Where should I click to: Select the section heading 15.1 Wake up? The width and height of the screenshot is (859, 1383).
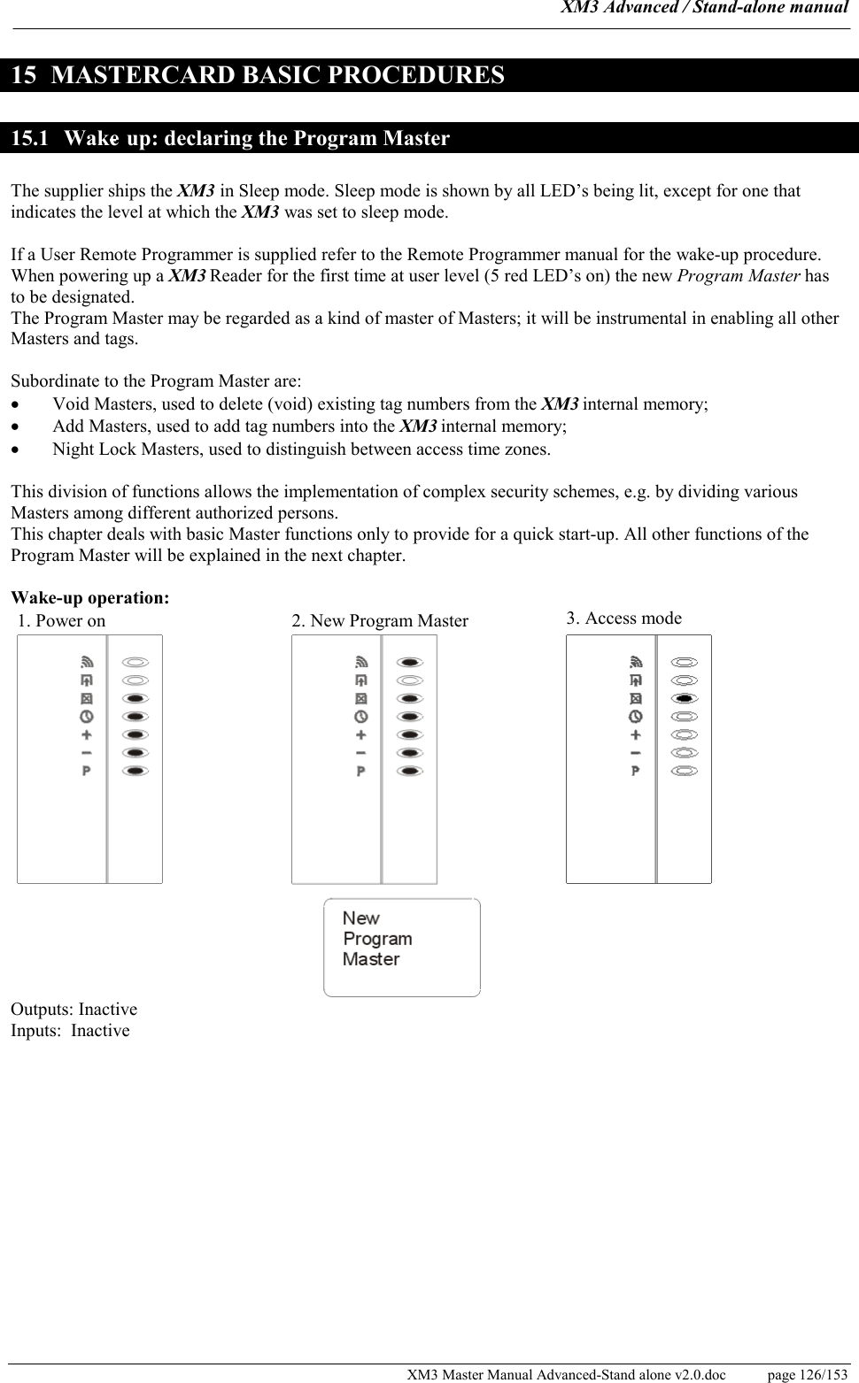230,138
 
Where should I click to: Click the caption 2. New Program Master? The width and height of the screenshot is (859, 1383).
380,621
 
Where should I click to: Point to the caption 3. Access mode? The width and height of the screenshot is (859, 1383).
624,619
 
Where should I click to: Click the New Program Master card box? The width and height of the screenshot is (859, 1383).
401,947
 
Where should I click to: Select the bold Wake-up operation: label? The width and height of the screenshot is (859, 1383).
90,597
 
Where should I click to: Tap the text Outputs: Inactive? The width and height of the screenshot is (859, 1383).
74,1010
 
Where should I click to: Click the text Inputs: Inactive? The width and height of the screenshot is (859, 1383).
71,1031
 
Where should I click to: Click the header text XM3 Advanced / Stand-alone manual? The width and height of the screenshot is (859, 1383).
705,9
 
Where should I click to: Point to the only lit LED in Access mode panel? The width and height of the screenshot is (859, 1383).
685,698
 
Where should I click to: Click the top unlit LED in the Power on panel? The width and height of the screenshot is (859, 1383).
135,661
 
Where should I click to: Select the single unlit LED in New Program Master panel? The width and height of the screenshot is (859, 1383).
410,680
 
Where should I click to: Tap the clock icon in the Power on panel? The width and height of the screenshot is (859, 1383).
87,717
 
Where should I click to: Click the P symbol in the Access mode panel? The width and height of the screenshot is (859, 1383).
636,771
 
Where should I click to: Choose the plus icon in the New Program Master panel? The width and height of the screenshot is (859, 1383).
361,734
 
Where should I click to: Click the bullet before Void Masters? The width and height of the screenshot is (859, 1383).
15,405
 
